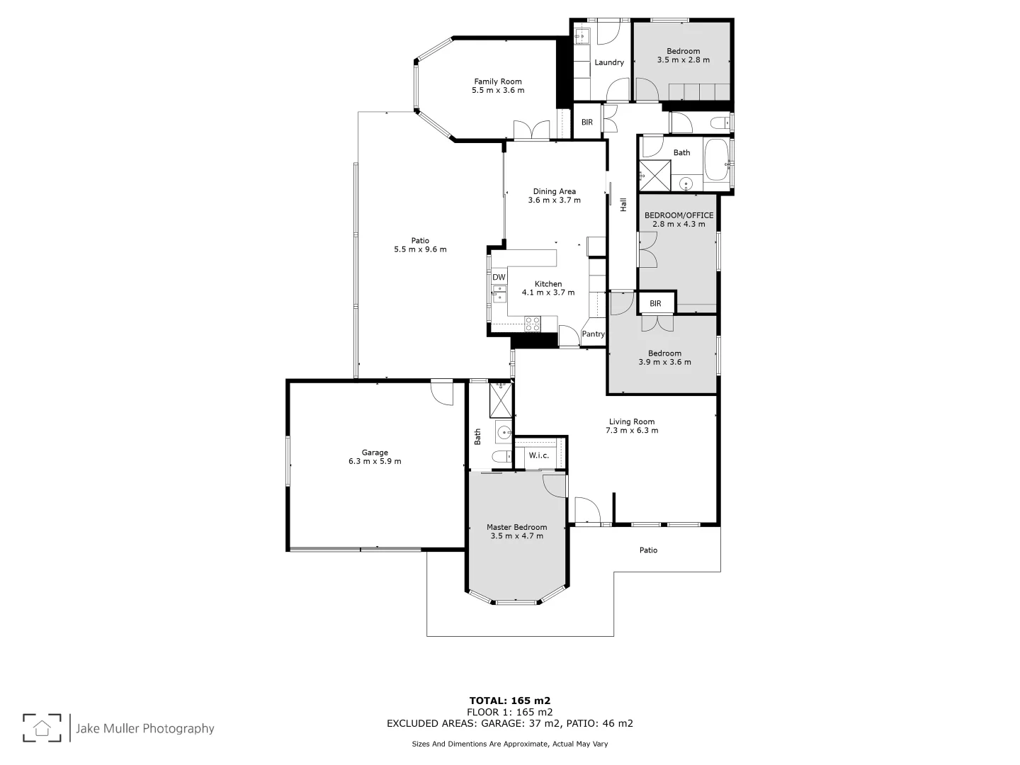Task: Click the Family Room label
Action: point(497,81)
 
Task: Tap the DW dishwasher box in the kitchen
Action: point(499,277)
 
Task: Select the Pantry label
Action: point(593,334)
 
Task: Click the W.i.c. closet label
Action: point(539,455)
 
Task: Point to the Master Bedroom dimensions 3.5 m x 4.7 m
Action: point(516,536)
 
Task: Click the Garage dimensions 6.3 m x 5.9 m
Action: point(375,462)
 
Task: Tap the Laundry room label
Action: point(609,62)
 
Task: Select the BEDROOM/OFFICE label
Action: point(679,215)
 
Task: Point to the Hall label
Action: point(623,205)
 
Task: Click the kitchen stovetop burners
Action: point(532,324)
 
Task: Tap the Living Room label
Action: point(632,421)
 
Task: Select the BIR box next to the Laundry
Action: point(587,123)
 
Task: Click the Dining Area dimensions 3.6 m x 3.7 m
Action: point(554,200)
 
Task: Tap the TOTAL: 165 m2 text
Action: point(509,701)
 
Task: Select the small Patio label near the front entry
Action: point(648,550)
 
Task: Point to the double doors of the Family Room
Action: point(531,130)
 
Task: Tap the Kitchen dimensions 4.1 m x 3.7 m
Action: point(548,293)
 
